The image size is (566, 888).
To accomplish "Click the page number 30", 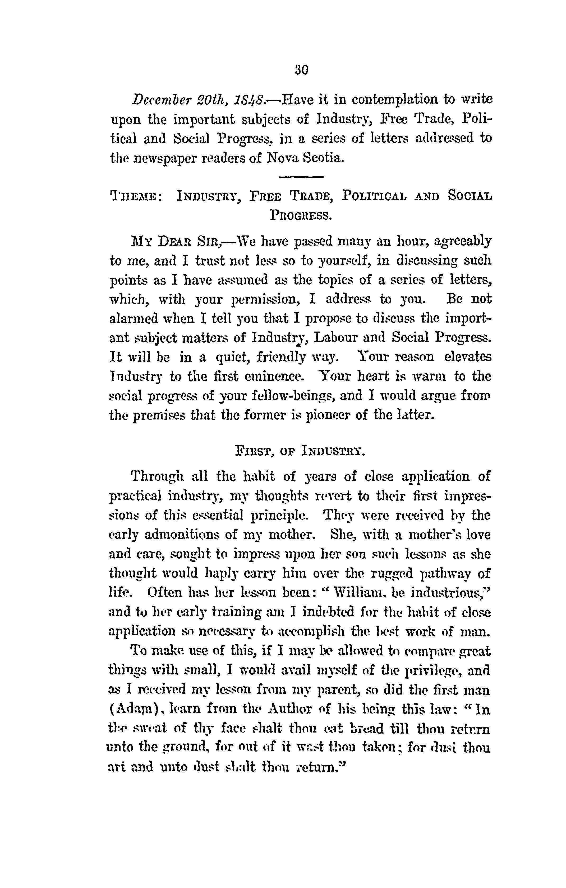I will tap(302, 70).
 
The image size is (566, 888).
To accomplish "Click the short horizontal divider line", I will tap(301, 177).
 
